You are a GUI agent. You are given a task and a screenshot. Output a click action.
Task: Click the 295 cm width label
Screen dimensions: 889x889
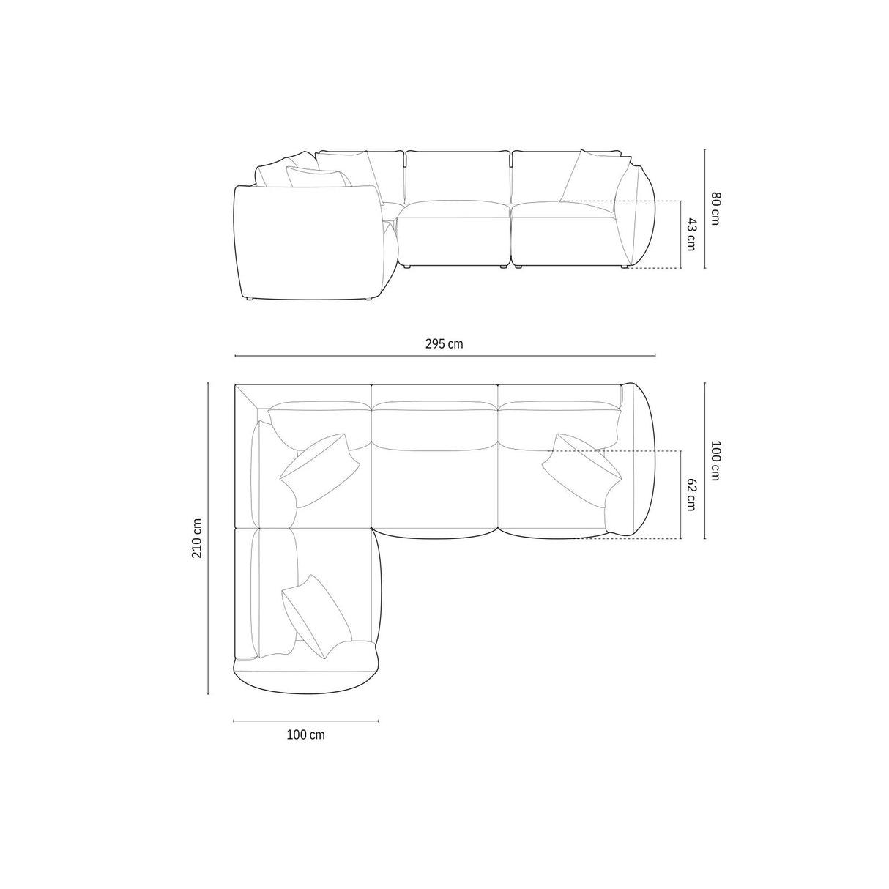444,343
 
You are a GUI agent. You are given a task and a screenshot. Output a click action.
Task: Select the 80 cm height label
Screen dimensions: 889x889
715,208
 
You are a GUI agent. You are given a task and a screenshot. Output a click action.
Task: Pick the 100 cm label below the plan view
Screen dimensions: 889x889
305,735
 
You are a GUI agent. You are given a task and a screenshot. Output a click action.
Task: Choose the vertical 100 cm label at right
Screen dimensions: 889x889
715,461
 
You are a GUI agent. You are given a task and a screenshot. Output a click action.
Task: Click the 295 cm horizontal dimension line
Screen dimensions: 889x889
444,356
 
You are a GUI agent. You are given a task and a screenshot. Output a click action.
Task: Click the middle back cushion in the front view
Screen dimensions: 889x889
458,176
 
